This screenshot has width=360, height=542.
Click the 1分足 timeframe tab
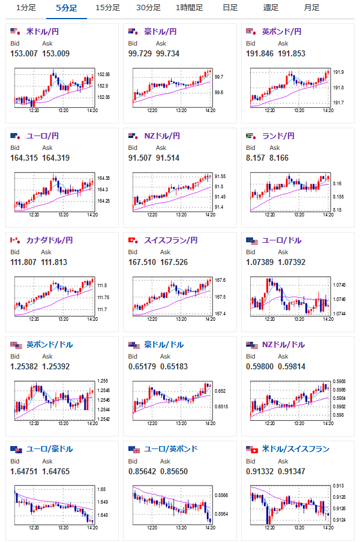point(26,8)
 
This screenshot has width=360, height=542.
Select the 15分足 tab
point(107,8)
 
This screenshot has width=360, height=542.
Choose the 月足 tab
point(311,8)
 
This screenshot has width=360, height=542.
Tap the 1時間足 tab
point(189,8)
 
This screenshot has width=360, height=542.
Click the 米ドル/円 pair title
point(43,31)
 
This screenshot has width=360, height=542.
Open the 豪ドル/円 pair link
point(161,31)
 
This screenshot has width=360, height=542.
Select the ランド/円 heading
point(278,136)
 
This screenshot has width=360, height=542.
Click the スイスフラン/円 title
point(170,240)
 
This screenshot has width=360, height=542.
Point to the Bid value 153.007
point(23,54)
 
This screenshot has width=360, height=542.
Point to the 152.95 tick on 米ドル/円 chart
point(104,75)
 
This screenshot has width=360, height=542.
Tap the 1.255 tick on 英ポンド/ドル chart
point(103,381)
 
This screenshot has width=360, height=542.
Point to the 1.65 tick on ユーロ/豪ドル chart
point(101,490)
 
